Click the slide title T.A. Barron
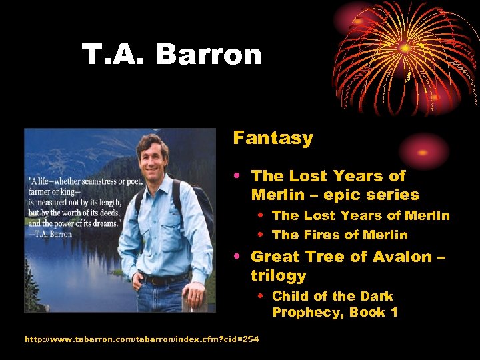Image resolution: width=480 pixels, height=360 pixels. [171, 54]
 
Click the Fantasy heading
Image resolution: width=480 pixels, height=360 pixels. [273, 138]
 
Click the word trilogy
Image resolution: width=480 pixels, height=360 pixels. [278, 275]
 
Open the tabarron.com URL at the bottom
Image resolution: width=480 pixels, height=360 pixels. [141, 339]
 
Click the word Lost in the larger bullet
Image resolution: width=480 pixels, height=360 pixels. [309, 176]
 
